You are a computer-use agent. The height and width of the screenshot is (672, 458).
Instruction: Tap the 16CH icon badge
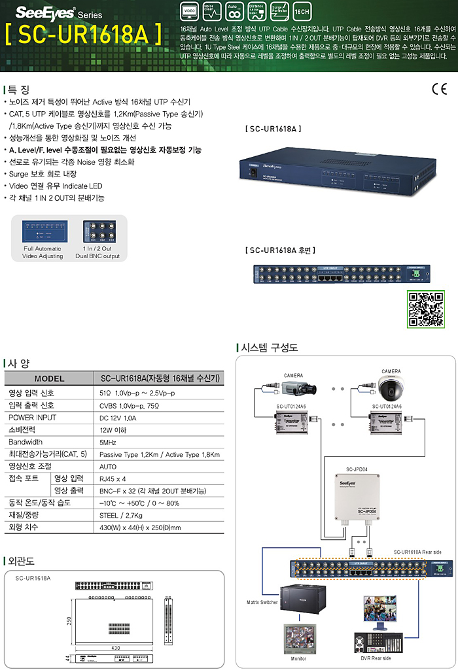coord(303,12)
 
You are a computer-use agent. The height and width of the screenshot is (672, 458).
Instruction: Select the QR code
coord(426,309)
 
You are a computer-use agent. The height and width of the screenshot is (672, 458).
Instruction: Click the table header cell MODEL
coord(50,378)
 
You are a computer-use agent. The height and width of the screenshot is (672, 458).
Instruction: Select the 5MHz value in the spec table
coord(108,442)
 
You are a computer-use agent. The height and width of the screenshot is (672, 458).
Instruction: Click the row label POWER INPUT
coord(32,417)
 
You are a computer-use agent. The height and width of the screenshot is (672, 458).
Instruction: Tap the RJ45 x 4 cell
coord(113,479)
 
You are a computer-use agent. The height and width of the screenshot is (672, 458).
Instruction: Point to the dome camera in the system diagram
coord(391,390)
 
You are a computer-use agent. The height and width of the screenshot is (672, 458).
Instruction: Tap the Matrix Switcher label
coord(262,601)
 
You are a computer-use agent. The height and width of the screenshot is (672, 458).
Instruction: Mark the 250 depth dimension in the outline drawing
coord(69,620)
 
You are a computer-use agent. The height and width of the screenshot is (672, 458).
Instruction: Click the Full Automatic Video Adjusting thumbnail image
coord(43,231)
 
